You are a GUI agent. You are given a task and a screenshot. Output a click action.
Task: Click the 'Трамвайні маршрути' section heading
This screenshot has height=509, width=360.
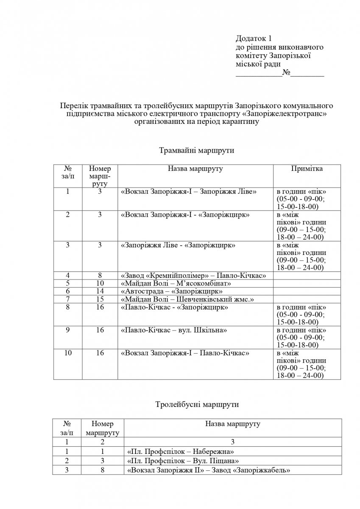coord(196,151)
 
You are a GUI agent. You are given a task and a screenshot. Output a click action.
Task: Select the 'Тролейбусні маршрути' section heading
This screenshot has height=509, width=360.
coord(196,404)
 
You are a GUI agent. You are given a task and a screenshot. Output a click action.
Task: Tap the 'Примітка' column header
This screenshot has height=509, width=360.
coord(307,169)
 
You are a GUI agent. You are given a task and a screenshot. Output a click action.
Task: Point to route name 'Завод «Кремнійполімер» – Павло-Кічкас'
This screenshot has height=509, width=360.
coord(193,276)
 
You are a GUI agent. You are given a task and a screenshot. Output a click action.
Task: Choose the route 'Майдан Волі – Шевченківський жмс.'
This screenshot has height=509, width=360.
coord(187,299)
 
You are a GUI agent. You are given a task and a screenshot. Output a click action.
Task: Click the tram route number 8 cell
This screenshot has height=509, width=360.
coord(100,276)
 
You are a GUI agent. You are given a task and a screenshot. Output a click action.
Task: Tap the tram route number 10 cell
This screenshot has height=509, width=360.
coord(100,283)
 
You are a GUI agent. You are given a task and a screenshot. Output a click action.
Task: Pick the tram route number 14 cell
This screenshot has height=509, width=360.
coord(100,291)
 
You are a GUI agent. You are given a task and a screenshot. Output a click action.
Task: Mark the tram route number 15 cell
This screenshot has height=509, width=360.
coord(100,299)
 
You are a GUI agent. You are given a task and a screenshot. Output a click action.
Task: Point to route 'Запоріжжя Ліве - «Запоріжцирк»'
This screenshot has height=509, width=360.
coord(178,245)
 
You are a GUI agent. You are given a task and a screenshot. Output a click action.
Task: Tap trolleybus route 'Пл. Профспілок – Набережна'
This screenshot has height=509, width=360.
coord(180,451)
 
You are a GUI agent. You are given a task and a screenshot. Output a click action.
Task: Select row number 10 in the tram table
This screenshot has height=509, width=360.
coord(68,353)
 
